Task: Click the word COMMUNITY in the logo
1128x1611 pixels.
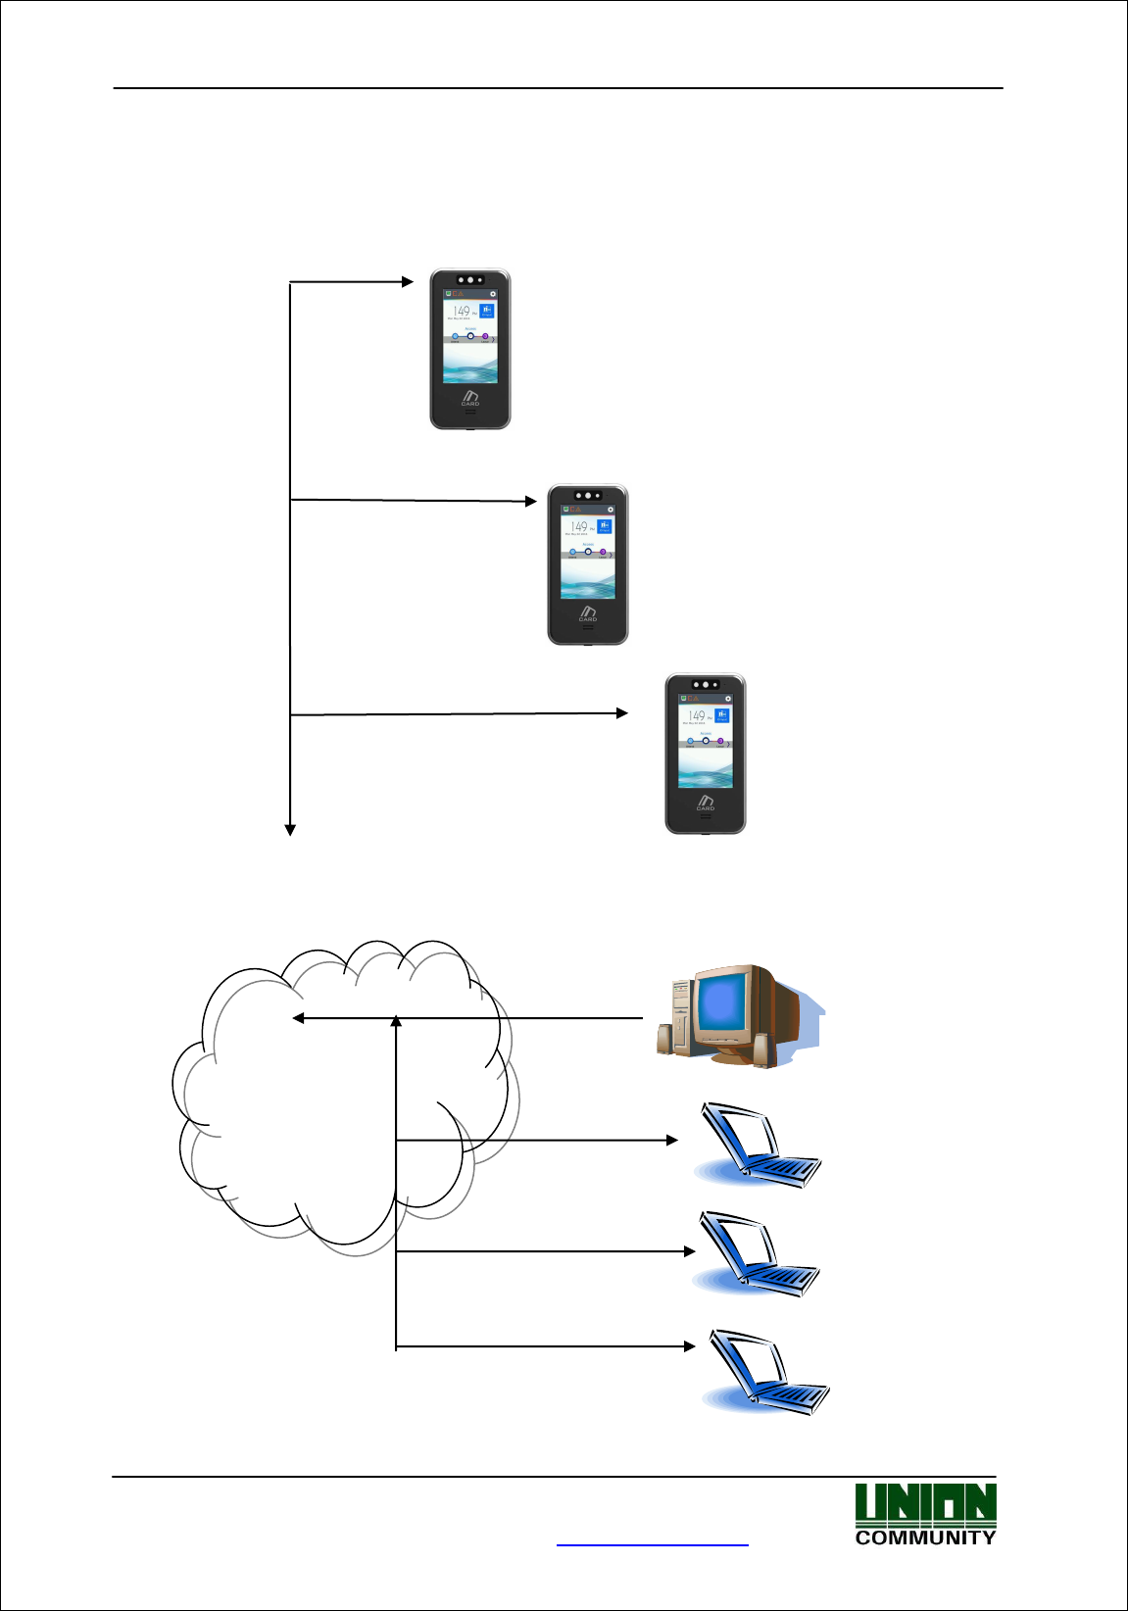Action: pos(925,1538)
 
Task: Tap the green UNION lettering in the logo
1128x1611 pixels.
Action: pos(925,1504)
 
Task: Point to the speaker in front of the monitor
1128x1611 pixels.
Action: pos(761,1050)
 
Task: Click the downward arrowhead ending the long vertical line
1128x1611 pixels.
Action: pos(290,830)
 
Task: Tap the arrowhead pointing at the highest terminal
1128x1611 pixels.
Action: pos(408,282)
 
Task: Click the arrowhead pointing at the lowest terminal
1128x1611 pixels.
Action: pos(621,713)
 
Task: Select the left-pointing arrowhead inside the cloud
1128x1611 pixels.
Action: pos(299,1018)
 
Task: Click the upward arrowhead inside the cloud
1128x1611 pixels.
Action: pos(396,1022)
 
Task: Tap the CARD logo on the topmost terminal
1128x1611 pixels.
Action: pos(470,397)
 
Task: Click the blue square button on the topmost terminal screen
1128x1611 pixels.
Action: pos(487,311)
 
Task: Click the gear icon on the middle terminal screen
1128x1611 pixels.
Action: pos(611,510)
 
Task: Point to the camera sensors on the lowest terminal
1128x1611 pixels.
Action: pos(706,685)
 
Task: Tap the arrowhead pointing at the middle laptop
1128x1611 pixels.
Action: pos(690,1251)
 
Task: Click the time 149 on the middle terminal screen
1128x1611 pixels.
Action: pos(579,527)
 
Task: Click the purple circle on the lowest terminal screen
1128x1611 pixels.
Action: pos(720,741)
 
